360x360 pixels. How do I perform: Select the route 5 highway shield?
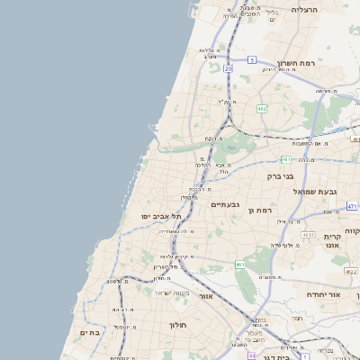[x=253, y=58]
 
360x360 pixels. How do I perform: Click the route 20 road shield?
[x=229, y=67]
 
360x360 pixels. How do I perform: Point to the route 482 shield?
[x=262, y=108]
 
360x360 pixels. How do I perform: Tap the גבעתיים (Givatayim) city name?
[x=223, y=204]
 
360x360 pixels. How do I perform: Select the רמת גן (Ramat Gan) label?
[x=261, y=210]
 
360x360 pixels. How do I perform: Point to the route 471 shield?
[x=354, y=206]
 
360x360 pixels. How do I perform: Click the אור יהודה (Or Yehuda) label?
[x=320, y=294]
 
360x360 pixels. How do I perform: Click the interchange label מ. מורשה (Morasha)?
[x=326, y=91]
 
